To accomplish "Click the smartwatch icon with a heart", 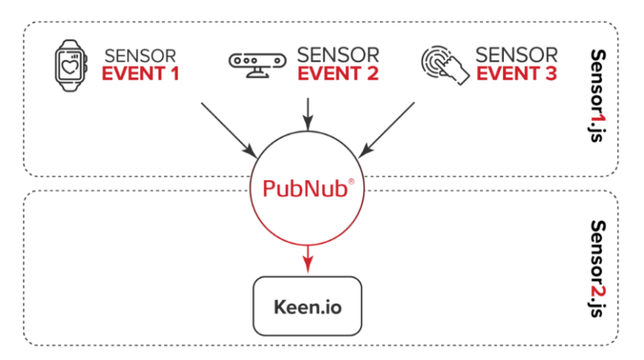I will [x=71, y=65].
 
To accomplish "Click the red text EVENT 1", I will [x=141, y=74].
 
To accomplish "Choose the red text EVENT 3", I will [x=517, y=74].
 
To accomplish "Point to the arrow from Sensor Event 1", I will [x=228, y=128].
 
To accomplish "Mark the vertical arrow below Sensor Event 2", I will [x=309, y=112].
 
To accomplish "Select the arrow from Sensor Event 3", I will [x=387, y=128].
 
